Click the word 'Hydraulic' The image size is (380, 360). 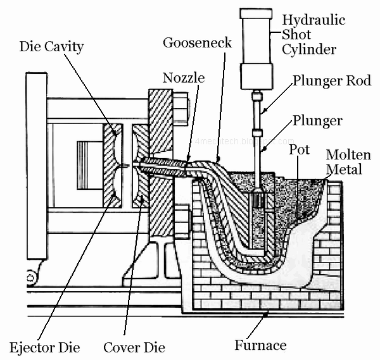pos(314,20)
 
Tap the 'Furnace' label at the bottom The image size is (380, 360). pos(260,345)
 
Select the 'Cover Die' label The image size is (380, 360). pos(134,347)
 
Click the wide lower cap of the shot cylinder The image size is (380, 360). pos(256,75)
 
